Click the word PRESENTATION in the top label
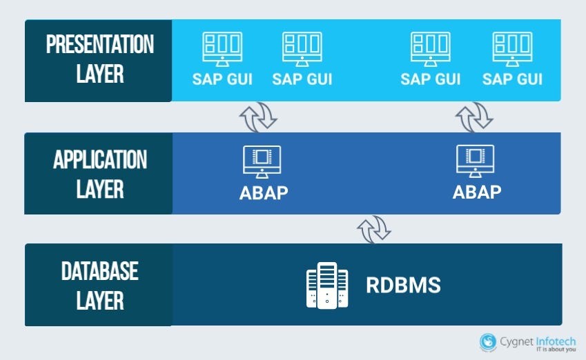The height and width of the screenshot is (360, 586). pos(99,45)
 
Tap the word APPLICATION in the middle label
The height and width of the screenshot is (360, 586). pos(99,160)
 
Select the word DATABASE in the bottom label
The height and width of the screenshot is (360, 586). pos(99,271)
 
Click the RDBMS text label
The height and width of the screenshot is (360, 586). pos(403,285)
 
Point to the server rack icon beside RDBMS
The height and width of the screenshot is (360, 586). pos(327,286)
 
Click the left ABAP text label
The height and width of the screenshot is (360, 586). pos(263,192)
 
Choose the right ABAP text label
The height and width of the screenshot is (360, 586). pos(476,192)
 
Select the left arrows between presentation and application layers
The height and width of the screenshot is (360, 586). pos(258,117)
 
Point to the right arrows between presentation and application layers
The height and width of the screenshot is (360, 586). pos(474,117)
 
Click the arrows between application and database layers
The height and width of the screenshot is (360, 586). pos(374,228)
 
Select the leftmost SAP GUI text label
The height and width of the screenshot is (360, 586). pos(222,79)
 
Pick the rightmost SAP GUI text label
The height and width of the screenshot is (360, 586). pos(512,79)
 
